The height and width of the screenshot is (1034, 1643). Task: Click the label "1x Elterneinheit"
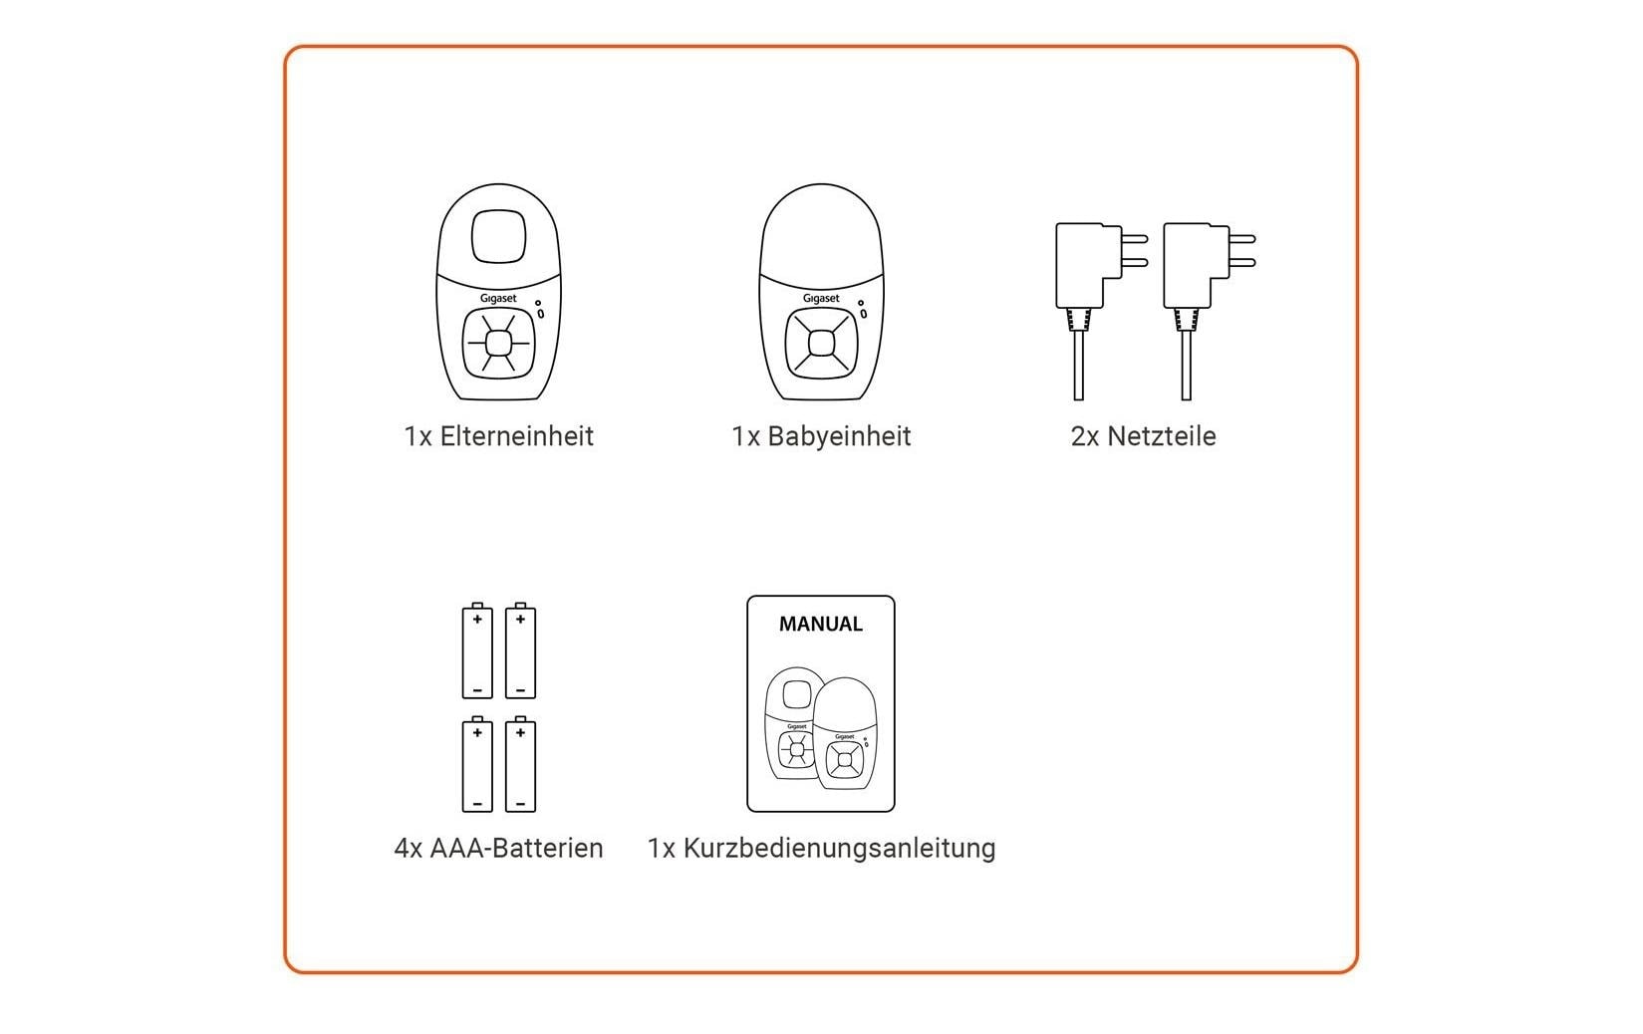click(x=498, y=436)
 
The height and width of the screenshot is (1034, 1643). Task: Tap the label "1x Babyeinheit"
click(x=821, y=436)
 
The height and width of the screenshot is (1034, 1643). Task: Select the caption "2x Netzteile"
click(x=1143, y=436)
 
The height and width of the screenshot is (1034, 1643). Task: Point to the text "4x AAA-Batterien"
click(x=498, y=848)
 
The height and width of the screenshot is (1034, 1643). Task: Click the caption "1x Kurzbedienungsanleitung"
click(x=821, y=848)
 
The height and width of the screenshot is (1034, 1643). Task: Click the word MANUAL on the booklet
click(x=820, y=625)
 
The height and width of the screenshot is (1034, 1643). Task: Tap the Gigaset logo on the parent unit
click(x=498, y=298)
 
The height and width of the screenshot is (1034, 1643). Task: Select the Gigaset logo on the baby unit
click(x=821, y=298)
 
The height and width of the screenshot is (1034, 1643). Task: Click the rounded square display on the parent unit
click(x=498, y=236)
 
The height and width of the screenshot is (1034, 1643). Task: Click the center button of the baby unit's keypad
click(x=821, y=343)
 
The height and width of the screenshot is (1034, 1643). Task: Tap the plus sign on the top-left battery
click(x=477, y=620)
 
